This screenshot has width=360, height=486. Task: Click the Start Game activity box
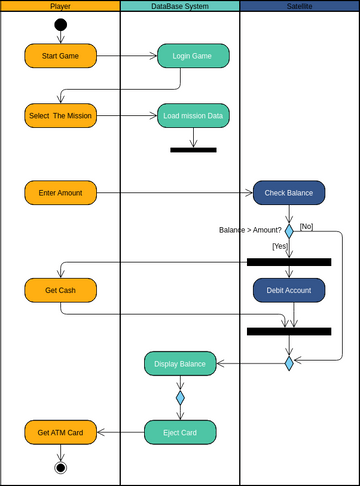tap(60, 55)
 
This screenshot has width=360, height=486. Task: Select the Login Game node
tap(193, 55)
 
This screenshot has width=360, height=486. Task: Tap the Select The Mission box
tap(60, 116)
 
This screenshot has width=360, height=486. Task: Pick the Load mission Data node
tap(193, 116)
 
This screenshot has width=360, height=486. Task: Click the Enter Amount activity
tap(60, 191)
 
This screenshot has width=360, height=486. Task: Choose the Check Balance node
tap(289, 192)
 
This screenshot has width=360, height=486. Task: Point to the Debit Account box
tap(289, 290)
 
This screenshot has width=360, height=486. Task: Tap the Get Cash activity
tap(60, 290)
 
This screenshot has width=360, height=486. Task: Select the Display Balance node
tap(180, 363)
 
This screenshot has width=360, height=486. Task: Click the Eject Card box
tap(180, 432)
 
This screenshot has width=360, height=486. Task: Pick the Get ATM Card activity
tap(60, 432)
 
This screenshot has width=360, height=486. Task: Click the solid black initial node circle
tap(60, 24)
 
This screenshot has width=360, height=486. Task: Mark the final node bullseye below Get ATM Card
tap(60, 467)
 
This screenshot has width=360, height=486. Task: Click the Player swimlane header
tap(60, 6)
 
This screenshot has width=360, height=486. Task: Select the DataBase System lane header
tap(180, 6)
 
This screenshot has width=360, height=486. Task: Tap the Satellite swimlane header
tap(299, 6)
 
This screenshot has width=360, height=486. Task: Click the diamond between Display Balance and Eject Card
tap(180, 397)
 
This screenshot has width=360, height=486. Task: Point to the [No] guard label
tap(306, 226)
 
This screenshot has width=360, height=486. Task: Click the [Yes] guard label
tap(280, 246)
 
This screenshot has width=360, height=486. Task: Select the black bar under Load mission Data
tap(193, 150)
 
